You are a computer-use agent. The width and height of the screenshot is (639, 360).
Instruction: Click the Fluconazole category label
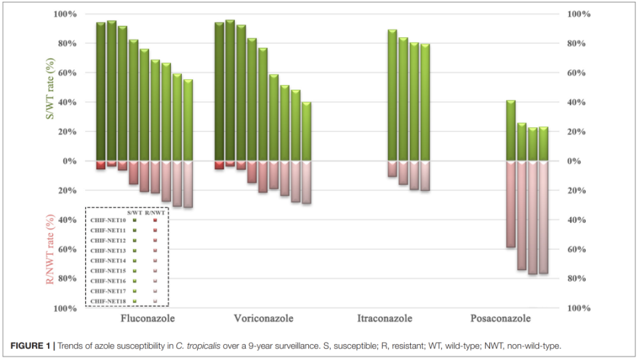(x=148, y=319)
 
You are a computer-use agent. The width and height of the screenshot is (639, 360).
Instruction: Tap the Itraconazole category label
(x=384, y=319)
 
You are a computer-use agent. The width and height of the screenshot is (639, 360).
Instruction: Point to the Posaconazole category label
(x=501, y=319)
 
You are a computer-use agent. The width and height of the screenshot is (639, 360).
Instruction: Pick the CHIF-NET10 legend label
(x=108, y=220)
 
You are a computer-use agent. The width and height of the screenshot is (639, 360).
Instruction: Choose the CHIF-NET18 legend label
(x=108, y=301)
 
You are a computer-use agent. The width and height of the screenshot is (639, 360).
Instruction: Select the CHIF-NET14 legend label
(x=108, y=261)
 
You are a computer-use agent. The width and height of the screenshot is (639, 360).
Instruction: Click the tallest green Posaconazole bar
(x=511, y=130)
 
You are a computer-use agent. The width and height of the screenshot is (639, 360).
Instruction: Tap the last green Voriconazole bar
(x=306, y=131)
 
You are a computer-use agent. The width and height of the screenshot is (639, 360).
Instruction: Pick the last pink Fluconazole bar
(x=188, y=184)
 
